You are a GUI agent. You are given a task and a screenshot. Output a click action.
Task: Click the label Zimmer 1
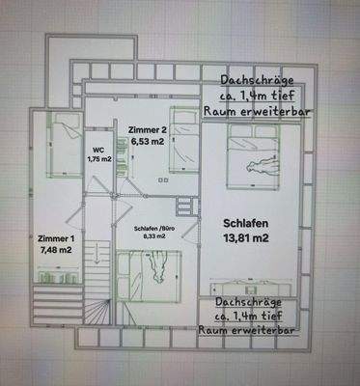coord(55,237)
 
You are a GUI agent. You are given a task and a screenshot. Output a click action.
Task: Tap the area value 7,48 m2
coord(55,250)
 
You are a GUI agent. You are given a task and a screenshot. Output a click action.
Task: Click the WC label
coord(97,149)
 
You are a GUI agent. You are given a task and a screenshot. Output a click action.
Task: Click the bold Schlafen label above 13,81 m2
coord(244,219)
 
